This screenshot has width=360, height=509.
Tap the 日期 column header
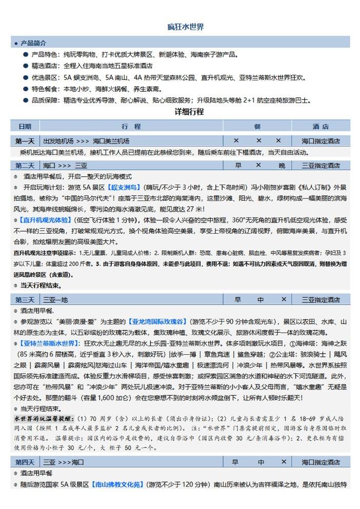pos(25,126)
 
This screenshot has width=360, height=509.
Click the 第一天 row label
pos(25,140)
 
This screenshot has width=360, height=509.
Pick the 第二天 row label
pos(25,166)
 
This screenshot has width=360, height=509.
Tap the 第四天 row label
pos(25,462)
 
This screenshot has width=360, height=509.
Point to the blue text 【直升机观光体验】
pos(46,220)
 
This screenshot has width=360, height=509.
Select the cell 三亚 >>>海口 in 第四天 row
pos(64,462)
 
